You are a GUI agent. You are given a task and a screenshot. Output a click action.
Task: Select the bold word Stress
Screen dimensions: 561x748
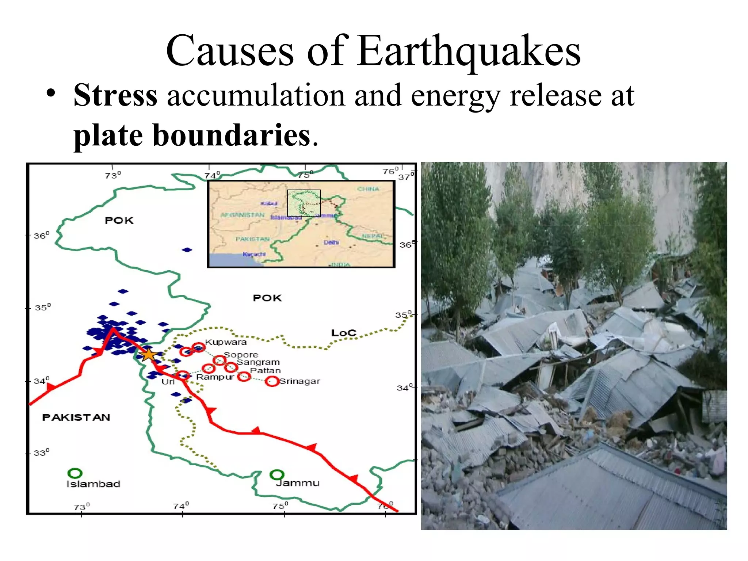(x=115, y=95)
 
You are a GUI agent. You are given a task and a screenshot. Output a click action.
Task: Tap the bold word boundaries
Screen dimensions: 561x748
(x=231, y=136)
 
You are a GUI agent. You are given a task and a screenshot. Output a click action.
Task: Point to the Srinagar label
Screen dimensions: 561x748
(x=299, y=381)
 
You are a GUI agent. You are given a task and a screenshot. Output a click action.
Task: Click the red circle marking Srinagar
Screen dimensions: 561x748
(x=272, y=381)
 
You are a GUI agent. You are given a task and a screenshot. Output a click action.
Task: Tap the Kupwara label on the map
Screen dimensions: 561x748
(x=226, y=342)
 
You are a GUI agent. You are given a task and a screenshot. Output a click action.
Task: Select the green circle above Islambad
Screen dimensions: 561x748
(x=75, y=473)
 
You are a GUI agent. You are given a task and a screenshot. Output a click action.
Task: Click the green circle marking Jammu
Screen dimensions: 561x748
(x=277, y=474)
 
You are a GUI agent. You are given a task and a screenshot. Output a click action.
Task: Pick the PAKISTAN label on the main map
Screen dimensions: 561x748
(x=76, y=417)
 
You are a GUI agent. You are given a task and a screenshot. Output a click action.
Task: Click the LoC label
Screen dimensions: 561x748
(x=343, y=333)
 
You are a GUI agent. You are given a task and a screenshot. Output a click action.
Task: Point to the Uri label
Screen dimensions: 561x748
(x=168, y=382)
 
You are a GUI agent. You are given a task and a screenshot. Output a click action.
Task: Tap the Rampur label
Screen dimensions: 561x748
(x=215, y=377)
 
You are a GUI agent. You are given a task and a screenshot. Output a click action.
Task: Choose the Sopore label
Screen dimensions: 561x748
(x=241, y=355)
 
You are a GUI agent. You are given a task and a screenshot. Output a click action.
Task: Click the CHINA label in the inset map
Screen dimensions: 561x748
(x=368, y=189)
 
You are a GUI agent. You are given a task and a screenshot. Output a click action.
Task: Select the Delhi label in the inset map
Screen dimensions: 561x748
(x=331, y=243)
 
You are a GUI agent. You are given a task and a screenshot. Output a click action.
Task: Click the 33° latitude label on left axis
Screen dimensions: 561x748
(x=41, y=453)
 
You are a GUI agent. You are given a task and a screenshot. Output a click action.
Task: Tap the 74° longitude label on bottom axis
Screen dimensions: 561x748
(x=181, y=506)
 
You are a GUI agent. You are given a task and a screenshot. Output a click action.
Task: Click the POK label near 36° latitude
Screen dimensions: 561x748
(x=119, y=220)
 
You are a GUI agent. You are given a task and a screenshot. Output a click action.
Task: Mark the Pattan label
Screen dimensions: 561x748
(x=265, y=370)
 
